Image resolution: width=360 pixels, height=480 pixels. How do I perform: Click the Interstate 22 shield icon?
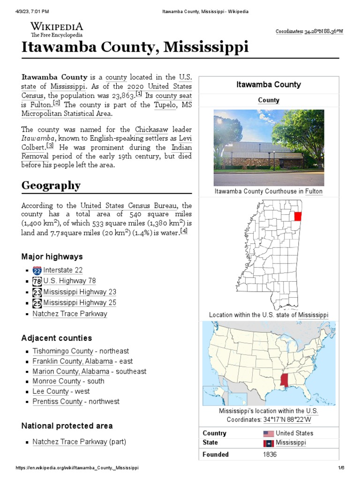point(37,270)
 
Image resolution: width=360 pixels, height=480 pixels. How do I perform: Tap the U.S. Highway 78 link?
point(69,281)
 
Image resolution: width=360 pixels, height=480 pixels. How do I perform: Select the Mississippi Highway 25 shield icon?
point(37,303)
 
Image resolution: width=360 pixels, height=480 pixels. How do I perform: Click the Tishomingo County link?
point(63,351)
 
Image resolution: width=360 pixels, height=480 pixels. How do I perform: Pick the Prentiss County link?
point(58,402)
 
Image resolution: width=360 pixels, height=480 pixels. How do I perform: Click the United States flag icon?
point(269,434)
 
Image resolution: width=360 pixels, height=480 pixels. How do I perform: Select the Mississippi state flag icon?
point(269,443)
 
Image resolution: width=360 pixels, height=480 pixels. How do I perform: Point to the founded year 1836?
point(270,454)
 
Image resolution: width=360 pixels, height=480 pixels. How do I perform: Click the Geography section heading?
point(51,186)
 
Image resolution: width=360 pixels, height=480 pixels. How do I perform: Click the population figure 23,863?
point(120,96)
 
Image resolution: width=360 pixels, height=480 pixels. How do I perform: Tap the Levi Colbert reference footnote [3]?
point(50,146)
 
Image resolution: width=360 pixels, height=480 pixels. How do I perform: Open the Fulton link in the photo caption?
point(314,191)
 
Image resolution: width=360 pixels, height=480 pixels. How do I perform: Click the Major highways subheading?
point(52,257)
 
